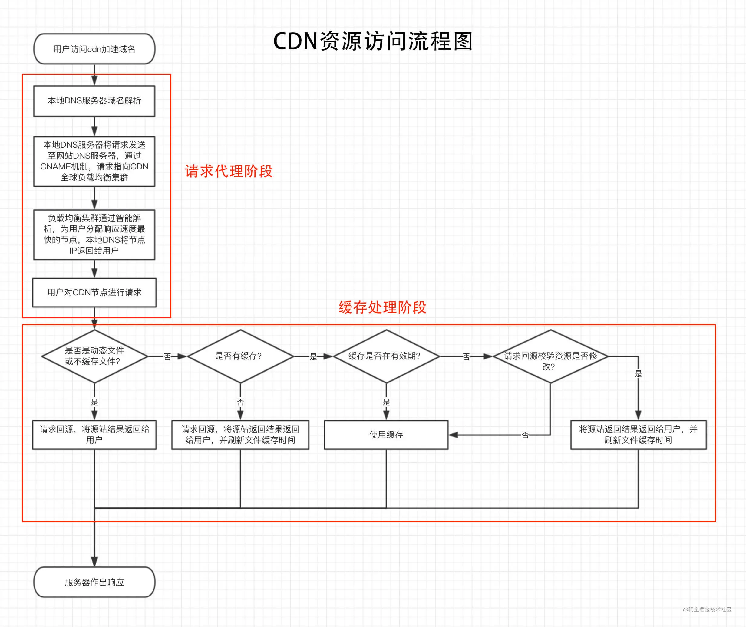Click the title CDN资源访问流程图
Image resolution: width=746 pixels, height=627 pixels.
click(x=373, y=41)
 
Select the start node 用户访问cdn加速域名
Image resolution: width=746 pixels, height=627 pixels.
click(x=94, y=49)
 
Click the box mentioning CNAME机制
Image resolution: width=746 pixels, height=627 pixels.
click(x=94, y=161)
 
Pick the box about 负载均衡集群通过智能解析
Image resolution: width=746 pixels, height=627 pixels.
click(x=94, y=235)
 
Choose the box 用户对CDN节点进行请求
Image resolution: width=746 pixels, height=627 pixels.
click(x=94, y=293)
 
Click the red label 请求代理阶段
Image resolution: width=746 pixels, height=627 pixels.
click(x=229, y=171)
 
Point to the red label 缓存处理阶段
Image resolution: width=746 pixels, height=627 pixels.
click(x=382, y=307)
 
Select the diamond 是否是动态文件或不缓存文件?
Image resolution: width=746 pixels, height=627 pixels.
click(x=94, y=356)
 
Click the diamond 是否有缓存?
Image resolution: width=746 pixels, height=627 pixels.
click(x=240, y=356)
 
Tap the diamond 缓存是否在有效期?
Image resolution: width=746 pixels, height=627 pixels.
click(x=386, y=356)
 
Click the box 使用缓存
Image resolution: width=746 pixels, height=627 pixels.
click(x=386, y=435)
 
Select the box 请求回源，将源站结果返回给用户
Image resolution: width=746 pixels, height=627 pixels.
click(x=94, y=435)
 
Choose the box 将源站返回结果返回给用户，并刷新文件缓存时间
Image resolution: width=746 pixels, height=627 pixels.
click(x=638, y=435)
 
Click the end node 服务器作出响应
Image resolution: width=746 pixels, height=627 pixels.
click(x=94, y=582)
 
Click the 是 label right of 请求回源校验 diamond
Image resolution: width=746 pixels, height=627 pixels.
click(x=638, y=374)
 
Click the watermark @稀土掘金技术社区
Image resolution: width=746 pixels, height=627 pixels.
click(x=707, y=609)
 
